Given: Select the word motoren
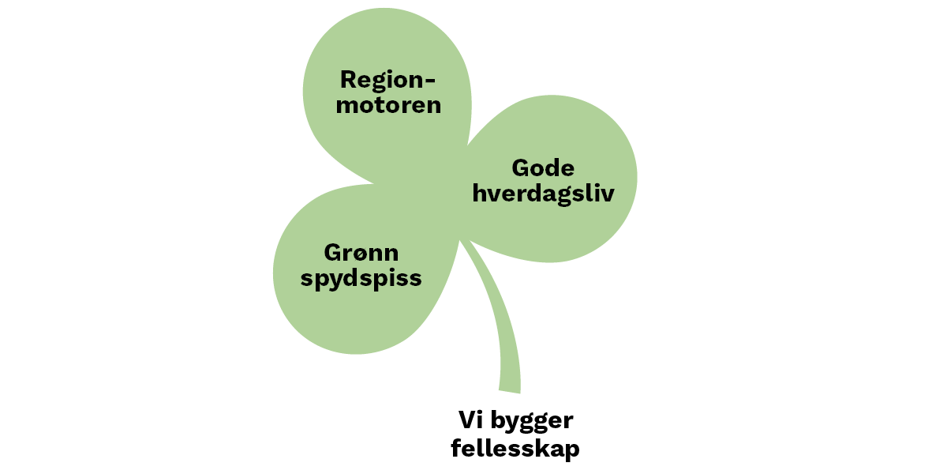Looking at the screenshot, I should click(x=388, y=105).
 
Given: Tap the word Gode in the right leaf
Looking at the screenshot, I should click(x=543, y=168).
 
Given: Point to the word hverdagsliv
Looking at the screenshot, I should click(x=543, y=194).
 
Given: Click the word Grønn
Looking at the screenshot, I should click(x=361, y=253).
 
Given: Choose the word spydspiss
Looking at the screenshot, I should click(x=361, y=279).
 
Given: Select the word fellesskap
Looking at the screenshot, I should click(x=515, y=450).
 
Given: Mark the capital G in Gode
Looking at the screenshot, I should click(x=521, y=168).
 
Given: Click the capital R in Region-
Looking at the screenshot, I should click(x=348, y=80).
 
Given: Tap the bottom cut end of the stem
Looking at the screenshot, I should click(x=510, y=389).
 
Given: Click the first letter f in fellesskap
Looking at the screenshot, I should click(x=456, y=448).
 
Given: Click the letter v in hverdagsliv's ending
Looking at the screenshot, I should click(x=608, y=194).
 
